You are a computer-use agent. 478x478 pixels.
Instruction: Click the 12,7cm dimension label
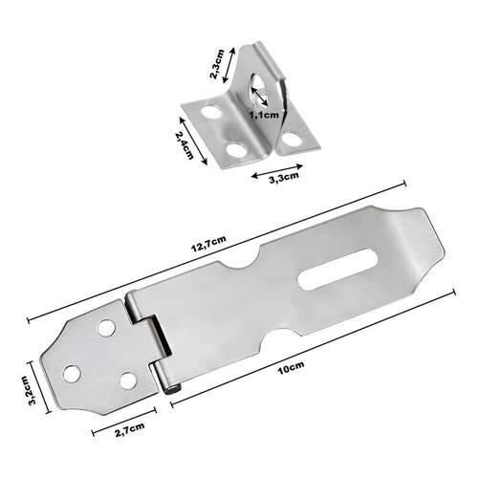click(x=208, y=244)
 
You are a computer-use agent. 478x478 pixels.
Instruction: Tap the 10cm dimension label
click(x=291, y=367)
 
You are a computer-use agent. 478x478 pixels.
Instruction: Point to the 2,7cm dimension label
click(x=130, y=429)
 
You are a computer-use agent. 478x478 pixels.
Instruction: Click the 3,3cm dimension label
click(x=284, y=178)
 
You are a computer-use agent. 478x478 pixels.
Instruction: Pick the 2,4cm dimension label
click(x=184, y=145)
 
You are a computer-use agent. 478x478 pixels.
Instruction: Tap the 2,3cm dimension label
click(x=217, y=64)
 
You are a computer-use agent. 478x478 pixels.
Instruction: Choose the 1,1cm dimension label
click(x=264, y=116)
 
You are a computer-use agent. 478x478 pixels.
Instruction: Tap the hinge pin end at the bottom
click(x=173, y=390)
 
